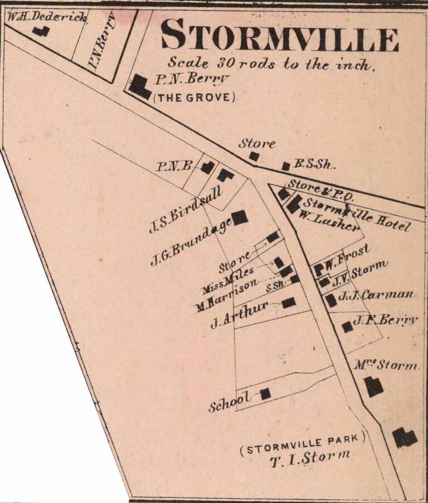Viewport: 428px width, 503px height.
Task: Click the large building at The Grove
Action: (x=139, y=87)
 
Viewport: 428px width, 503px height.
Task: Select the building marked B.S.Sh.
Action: (x=286, y=165)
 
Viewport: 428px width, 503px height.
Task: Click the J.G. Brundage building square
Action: (x=240, y=217)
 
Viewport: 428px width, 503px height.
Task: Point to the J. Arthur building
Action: (x=289, y=302)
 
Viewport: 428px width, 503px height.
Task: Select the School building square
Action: (x=265, y=394)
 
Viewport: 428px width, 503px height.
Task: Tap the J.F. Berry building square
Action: (x=347, y=326)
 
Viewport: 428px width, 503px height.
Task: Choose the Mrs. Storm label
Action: (x=385, y=365)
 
